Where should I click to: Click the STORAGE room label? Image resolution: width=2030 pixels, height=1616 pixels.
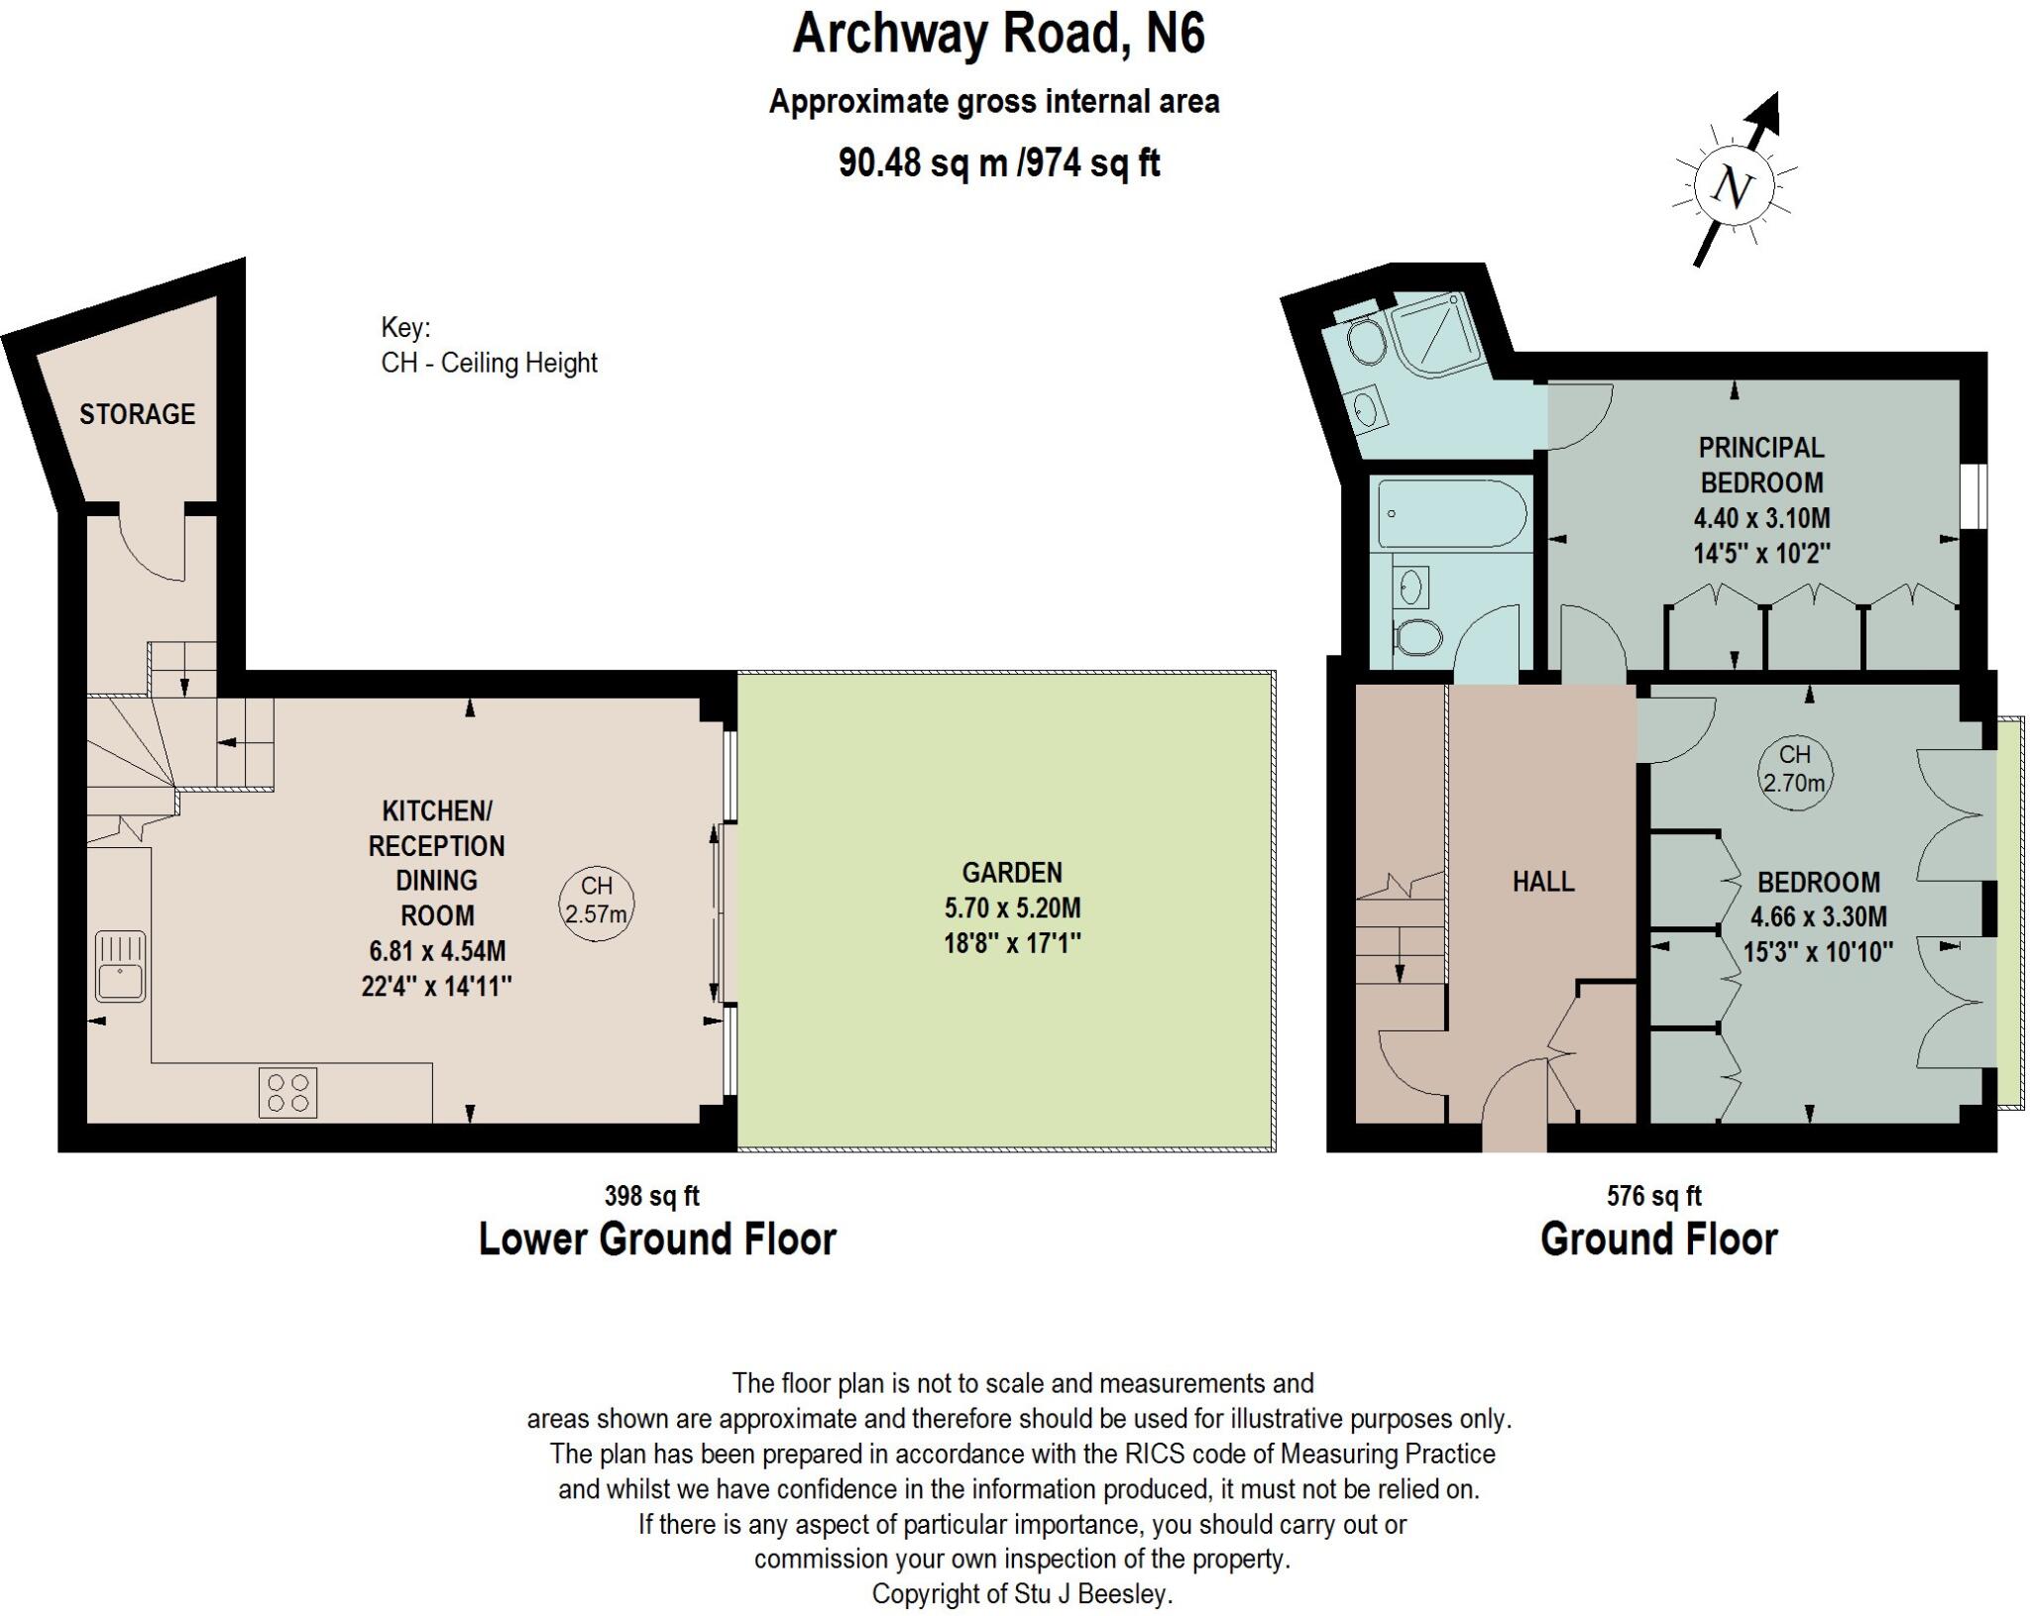click(x=137, y=414)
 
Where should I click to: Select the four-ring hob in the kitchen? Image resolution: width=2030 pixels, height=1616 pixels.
click(x=287, y=1092)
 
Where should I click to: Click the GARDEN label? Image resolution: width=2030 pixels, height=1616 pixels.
click(x=1011, y=873)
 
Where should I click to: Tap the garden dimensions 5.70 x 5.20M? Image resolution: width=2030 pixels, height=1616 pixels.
click(x=1011, y=908)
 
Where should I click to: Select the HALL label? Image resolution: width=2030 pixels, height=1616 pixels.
click(x=1543, y=882)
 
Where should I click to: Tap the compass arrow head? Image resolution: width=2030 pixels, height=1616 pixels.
click(x=1766, y=112)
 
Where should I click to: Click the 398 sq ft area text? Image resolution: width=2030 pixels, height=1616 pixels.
click(x=651, y=1196)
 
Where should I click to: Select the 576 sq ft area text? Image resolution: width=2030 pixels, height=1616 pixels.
click(x=1653, y=1196)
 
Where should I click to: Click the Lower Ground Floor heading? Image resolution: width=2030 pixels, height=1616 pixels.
click(x=657, y=1239)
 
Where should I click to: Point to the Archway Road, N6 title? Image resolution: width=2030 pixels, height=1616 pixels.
click(x=998, y=35)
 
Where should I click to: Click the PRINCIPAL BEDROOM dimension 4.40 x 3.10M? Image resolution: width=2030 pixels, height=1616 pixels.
click(x=1761, y=517)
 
